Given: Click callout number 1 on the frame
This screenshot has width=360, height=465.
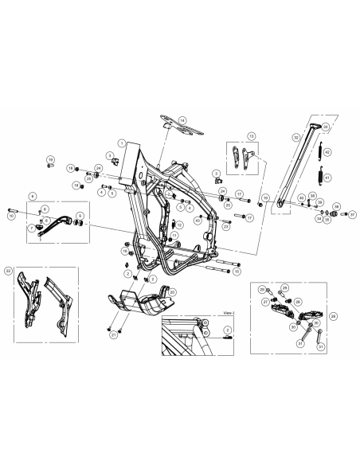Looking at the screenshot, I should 121,142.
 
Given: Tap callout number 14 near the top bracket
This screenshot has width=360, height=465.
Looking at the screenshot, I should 182,119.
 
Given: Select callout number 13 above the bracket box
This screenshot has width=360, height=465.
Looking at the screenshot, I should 252,136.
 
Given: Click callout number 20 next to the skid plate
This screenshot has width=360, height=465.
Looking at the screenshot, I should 173,292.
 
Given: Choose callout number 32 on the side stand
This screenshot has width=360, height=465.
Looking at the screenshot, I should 296,137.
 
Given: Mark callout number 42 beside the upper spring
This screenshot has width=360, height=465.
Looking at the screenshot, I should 327,151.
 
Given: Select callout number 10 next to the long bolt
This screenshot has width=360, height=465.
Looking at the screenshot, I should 11,216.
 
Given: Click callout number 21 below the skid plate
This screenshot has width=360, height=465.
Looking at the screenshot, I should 115,335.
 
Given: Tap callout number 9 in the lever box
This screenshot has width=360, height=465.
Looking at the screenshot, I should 80,217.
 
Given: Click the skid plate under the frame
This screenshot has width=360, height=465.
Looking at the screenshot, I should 139,303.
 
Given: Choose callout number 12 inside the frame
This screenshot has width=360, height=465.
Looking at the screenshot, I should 181,225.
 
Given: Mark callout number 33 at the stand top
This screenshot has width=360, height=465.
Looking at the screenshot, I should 326,126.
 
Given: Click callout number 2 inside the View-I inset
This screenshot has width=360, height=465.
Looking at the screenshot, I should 227,328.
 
